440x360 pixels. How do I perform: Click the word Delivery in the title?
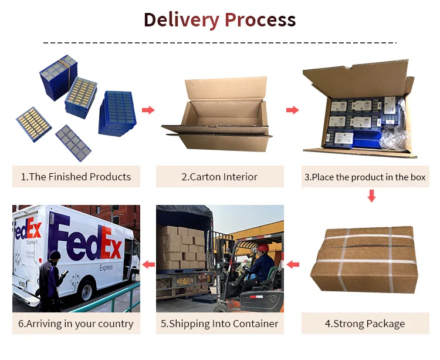coord(180,20)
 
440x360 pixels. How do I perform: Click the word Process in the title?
coord(260,20)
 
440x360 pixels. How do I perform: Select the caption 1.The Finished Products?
coord(76,177)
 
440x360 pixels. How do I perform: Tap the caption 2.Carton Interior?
coord(219,177)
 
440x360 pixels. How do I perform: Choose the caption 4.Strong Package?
coord(365,324)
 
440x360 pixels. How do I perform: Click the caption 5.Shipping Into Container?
coord(219,324)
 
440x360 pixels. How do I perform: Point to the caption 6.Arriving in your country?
coord(76,324)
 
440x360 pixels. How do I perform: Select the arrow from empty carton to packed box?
coord(292,110)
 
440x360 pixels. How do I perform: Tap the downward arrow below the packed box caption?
coord(371,196)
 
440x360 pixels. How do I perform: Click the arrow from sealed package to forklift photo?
coord(292,265)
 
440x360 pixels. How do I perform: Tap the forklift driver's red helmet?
coord(263,248)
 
